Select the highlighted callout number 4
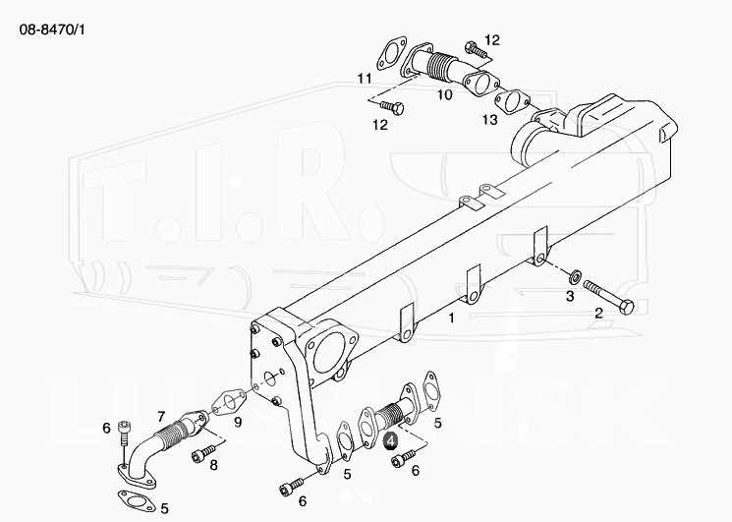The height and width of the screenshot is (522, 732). (x=390, y=440)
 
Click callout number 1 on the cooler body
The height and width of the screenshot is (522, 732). (x=451, y=318)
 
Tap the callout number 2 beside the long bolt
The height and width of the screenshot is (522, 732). (x=599, y=313)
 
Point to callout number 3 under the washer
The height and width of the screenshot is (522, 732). (x=570, y=296)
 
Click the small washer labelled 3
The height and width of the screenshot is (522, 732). (x=574, y=276)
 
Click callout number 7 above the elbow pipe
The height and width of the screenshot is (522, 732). (x=161, y=416)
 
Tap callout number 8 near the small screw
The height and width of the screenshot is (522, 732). (x=214, y=465)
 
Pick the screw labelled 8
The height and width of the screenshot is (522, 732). (x=203, y=453)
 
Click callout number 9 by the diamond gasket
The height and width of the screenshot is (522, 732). (x=238, y=423)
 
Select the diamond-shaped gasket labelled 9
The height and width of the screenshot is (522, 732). (x=228, y=401)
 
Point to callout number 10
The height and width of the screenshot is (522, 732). (x=445, y=95)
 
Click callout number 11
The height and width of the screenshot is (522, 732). (x=365, y=79)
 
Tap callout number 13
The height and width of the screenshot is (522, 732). (x=490, y=120)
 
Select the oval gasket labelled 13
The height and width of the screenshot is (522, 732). (x=512, y=102)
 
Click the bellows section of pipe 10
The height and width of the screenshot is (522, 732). (x=439, y=69)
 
